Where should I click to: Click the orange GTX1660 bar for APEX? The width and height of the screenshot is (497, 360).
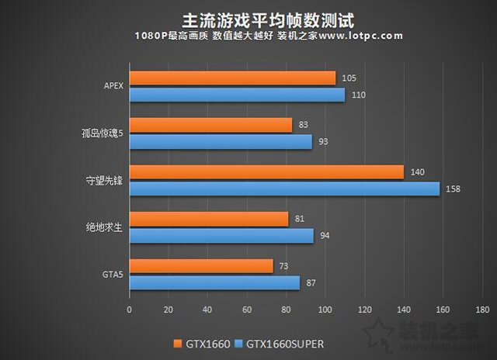click(x=232, y=78)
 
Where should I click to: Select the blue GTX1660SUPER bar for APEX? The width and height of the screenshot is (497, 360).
click(x=237, y=95)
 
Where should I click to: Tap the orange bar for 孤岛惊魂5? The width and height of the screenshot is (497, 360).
click(x=210, y=125)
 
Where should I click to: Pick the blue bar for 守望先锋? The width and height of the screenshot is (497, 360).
click(x=284, y=189)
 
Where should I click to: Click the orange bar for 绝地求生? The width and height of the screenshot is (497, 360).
click(x=209, y=220)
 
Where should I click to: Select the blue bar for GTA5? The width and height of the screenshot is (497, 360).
click(x=214, y=283)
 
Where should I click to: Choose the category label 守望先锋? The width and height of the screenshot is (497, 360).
click(x=105, y=179)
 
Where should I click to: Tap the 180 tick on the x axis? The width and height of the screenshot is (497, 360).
click(x=482, y=309)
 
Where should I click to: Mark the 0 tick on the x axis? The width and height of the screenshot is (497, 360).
click(x=130, y=309)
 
